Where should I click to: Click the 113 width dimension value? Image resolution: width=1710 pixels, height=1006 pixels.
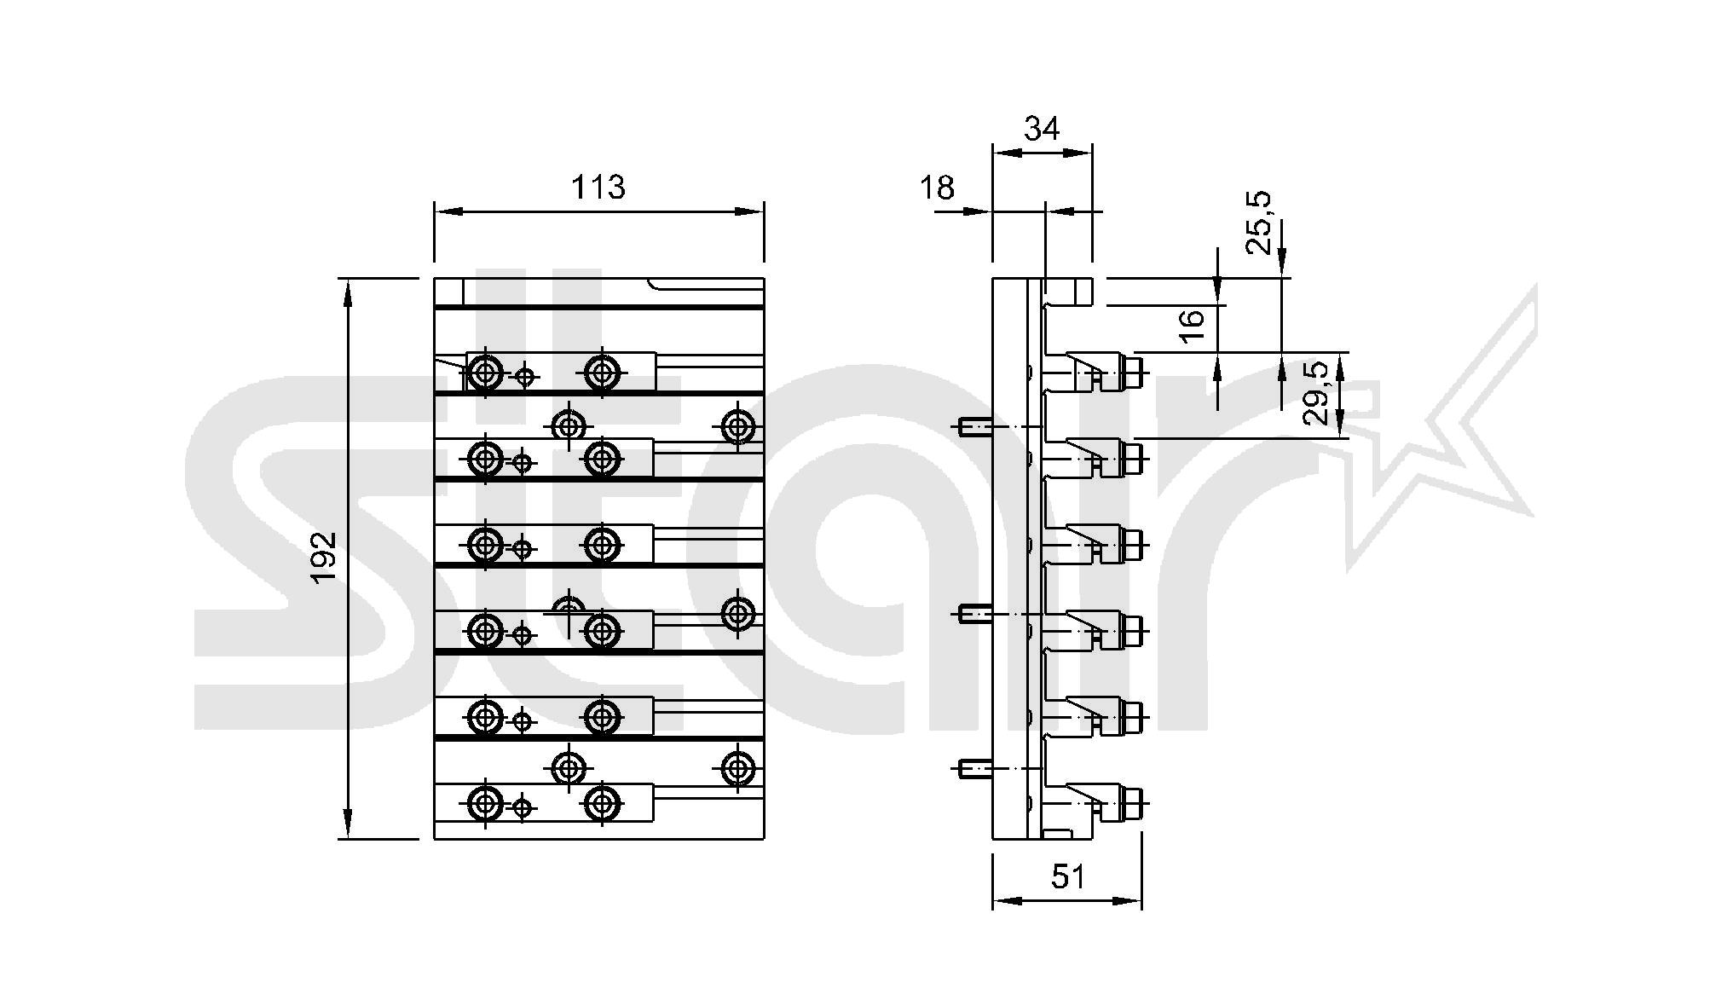pos(598,187)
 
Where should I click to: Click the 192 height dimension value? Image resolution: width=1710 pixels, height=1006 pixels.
pos(325,558)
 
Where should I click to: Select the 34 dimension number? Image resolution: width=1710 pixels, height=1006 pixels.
pos(1042,129)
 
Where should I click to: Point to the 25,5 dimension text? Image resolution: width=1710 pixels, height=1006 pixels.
pos(1259,223)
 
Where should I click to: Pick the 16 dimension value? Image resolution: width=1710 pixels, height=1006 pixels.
pos(1193,326)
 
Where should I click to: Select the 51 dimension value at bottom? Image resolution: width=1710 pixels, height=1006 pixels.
pos(1067,876)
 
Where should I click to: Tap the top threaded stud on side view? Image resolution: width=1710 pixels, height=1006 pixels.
pos(974,426)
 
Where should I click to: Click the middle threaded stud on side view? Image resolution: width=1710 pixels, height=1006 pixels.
pos(974,613)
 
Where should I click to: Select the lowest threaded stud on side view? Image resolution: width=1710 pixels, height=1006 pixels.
pos(974,770)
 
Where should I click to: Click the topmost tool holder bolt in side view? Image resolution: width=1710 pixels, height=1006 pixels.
pos(1135,373)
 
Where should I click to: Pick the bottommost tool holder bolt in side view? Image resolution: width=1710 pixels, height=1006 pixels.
pos(1135,803)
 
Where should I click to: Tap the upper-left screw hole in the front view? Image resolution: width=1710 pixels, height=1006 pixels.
pos(485,372)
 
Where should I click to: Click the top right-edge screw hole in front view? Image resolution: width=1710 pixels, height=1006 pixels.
pos(737,426)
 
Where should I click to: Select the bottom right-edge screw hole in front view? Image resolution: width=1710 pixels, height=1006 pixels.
pos(737,769)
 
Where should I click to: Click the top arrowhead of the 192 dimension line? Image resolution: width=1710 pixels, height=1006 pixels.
pos(348,290)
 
